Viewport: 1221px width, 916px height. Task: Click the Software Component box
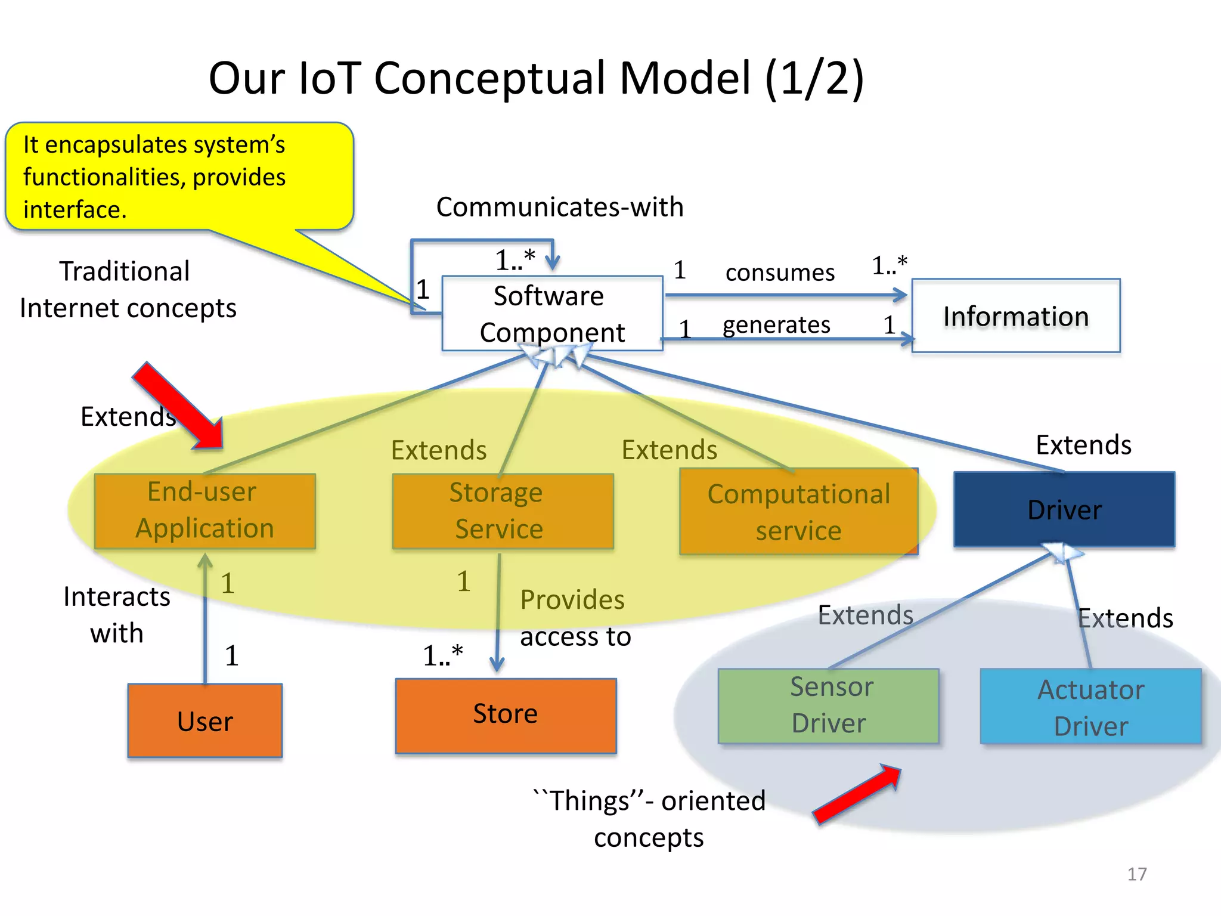(551, 313)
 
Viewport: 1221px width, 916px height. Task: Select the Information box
(1015, 315)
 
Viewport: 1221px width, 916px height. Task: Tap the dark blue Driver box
(1064, 509)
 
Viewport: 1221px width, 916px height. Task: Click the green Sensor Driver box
(828, 705)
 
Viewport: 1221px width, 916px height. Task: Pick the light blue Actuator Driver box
(1090, 707)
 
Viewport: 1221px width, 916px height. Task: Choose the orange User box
(204, 720)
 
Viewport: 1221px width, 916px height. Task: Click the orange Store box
(505, 715)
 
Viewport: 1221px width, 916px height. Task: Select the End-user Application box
(204, 510)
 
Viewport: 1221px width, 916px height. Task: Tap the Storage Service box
(502, 510)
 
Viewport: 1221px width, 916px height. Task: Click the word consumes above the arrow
(779, 273)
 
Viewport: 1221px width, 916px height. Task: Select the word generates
(776, 325)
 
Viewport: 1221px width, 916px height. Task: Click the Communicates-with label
(559, 207)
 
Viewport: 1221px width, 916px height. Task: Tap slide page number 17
(1136, 874)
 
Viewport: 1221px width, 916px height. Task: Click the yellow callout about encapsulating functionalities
(179, 177)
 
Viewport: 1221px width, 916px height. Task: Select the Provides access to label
(574, 618)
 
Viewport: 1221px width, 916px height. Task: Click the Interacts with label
(117, 614)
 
